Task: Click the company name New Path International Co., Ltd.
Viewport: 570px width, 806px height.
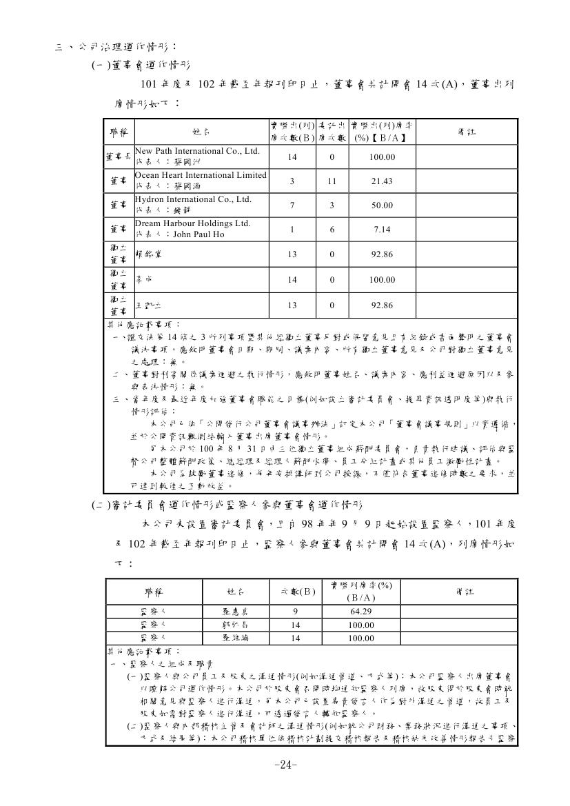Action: pos(197,150)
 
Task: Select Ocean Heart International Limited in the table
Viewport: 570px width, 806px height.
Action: pos(201,175)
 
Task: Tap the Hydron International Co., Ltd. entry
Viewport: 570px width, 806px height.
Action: pos(193,199)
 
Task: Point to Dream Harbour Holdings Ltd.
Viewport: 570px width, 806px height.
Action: pos(192,223)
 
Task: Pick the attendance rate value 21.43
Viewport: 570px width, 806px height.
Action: pos(382,181)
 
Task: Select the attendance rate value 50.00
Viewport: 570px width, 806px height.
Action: pos(382,205)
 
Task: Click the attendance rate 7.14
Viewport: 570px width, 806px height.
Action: pos(382,230)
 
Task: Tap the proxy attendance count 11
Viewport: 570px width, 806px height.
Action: pos(332,181)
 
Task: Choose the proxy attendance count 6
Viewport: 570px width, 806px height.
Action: pos(332,230)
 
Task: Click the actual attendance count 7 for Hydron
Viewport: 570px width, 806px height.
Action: pos(292,205)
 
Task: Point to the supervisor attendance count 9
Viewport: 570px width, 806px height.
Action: pos(295,611)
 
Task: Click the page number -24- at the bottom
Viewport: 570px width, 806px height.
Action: pos(285,766)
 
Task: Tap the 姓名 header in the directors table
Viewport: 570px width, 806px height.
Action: pos(201,131)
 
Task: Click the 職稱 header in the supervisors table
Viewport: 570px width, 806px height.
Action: pos(154,592)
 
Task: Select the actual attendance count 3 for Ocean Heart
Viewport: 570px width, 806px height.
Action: pos(292,181)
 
